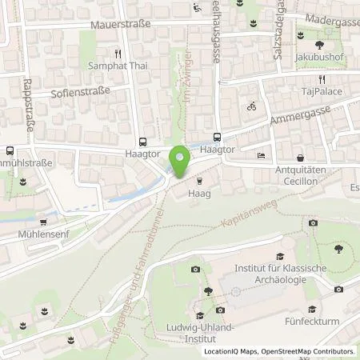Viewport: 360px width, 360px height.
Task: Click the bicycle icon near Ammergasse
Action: [x=251, y=106]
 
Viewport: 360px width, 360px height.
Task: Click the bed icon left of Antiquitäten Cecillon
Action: [x=260, y=156]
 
